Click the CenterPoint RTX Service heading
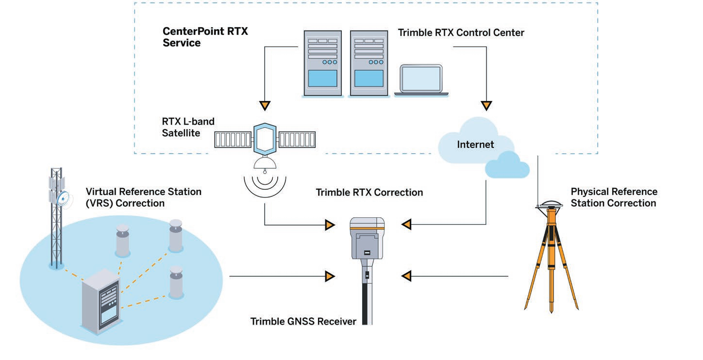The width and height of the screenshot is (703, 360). coord(205,37)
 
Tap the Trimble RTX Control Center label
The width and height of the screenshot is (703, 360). coord(461,33)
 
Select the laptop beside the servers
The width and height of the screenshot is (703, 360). coord(421,80)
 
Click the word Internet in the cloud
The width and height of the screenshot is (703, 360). coord(475,145)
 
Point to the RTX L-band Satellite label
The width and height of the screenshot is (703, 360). coord(188,127)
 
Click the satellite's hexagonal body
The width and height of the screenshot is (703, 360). coord(265,140)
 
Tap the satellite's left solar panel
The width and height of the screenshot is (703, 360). coord(233,140)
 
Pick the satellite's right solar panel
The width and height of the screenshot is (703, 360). coord(297,140)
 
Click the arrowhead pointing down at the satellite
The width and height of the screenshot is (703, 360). coord(265,105)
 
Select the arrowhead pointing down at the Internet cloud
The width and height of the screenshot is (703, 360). coord(486,105)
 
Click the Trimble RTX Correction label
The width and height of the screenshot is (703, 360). coord(369,193)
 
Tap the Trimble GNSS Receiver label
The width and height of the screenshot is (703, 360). coord(303,322)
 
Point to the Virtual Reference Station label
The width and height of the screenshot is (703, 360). coord(143,197)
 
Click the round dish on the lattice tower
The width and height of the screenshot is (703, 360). coord(64,199)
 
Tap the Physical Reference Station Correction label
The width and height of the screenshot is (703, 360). coord(614,197)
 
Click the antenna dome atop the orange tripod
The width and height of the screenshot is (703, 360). coord(551,204)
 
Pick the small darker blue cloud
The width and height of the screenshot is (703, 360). coord(507,165)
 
